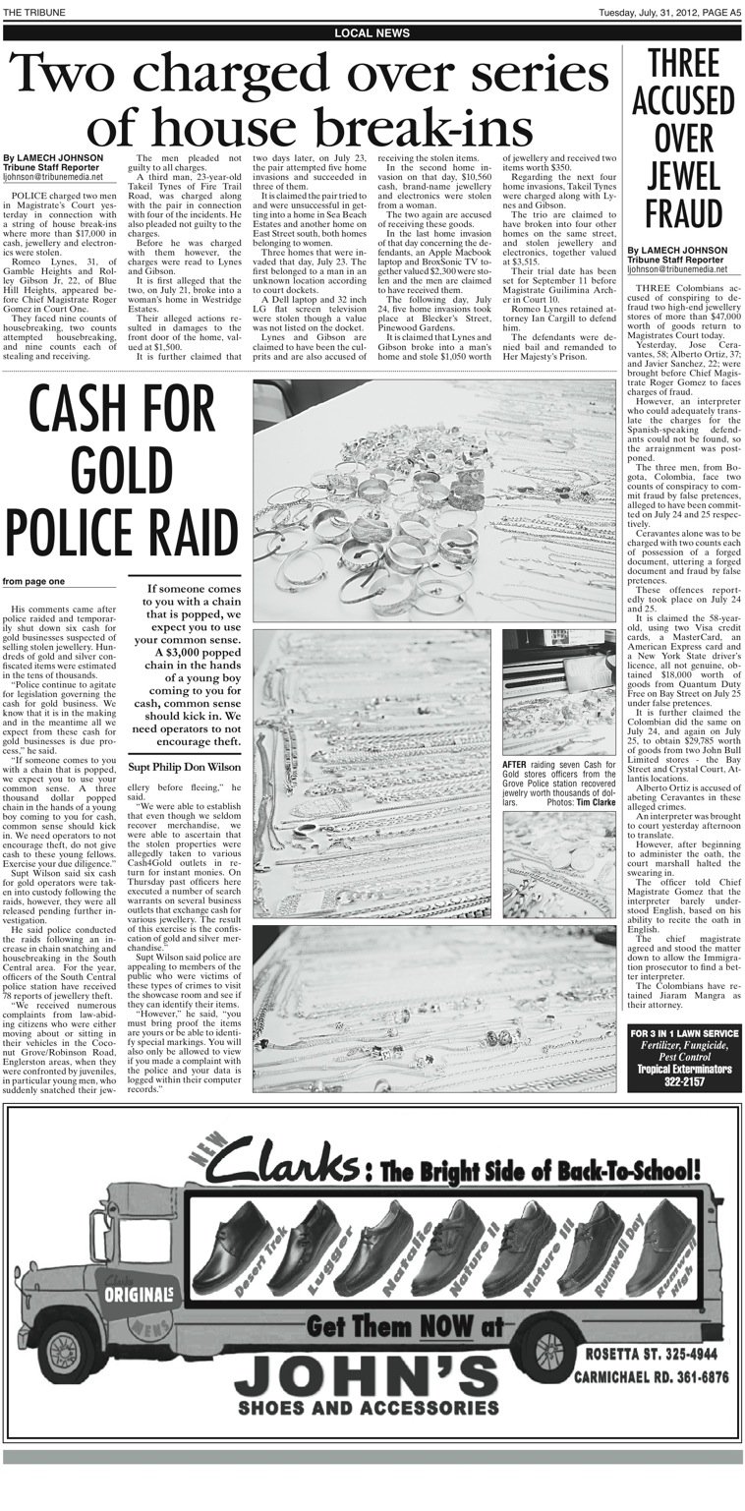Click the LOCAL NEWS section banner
(x=372, y=33)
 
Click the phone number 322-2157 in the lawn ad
(x=684, y=1081)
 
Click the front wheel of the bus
(x=72, y=1366)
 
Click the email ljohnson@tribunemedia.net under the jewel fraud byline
(x=676, y=268)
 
